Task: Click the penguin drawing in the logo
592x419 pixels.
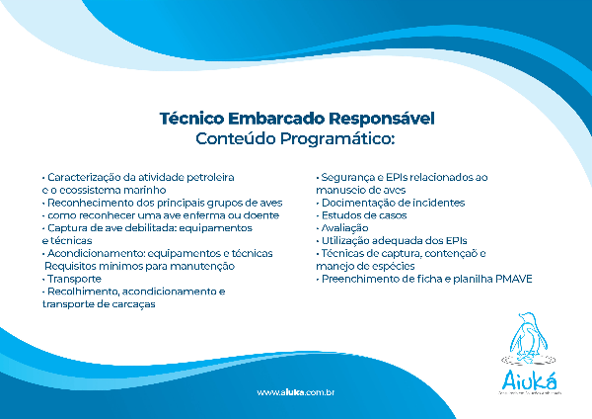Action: click(x=531, y=337)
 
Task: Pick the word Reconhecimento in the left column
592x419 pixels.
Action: click(x=83, y=202)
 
